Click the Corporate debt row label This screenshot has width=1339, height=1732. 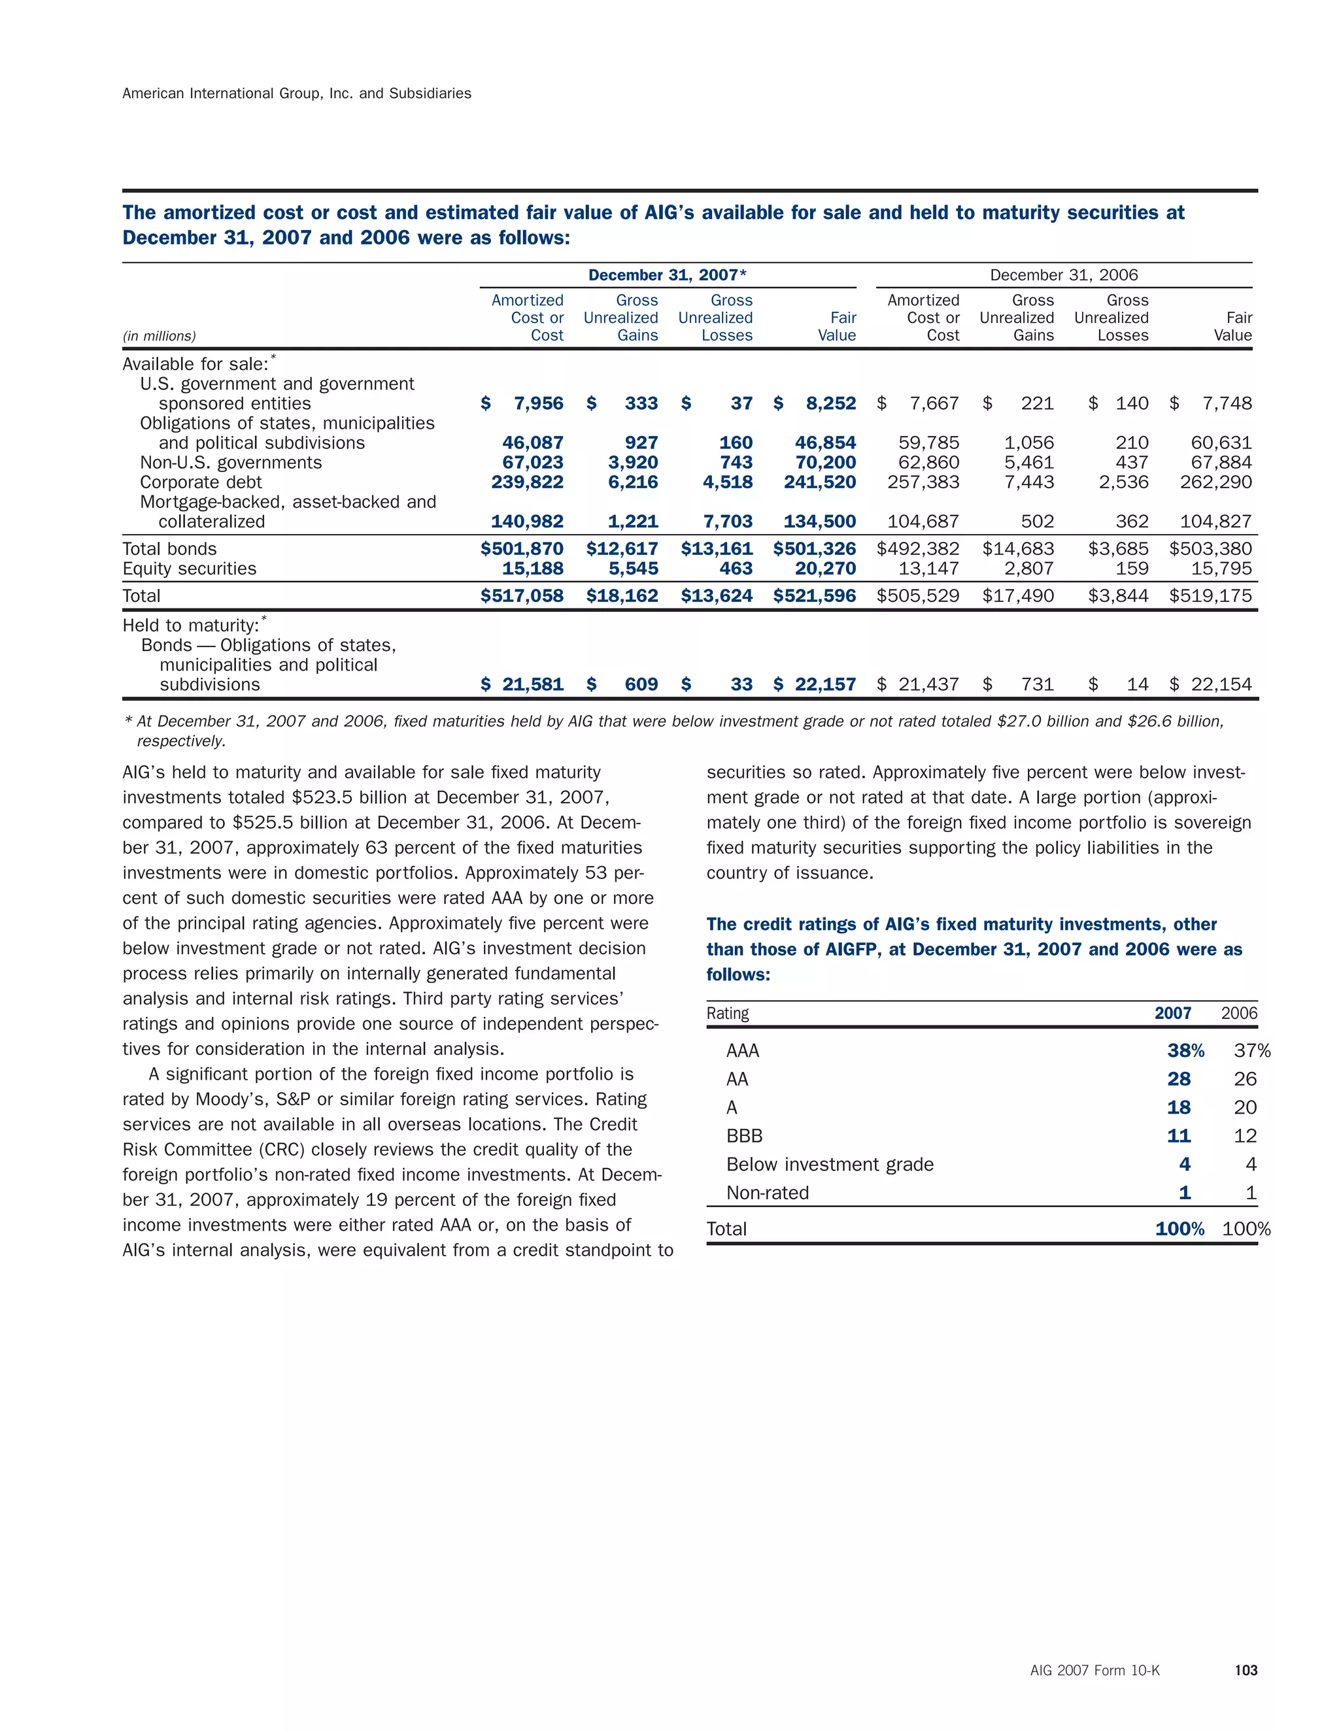tap(201, 482)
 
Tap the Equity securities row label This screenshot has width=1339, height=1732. tap(189, 569)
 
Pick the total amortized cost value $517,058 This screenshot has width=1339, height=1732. tap(522, 595)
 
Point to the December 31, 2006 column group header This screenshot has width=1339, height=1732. tap(1063, 275)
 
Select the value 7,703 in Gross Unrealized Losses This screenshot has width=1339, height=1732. tap(728, 522)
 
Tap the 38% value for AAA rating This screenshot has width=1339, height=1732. tap(1185, 1051)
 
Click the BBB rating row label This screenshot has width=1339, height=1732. tap(744, 1136)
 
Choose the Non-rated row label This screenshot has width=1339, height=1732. tap(767, 1193)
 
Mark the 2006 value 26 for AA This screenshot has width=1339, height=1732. tap(1245, 1079)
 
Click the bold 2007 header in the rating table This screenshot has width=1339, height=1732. tap(1172, 1014)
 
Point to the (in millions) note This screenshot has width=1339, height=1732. tap(159, 336)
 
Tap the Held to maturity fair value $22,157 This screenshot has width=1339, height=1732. tap(815, 684)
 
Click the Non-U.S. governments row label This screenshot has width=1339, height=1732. tap(231, 462)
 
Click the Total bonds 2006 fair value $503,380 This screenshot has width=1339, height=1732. tap(1210, 549)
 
